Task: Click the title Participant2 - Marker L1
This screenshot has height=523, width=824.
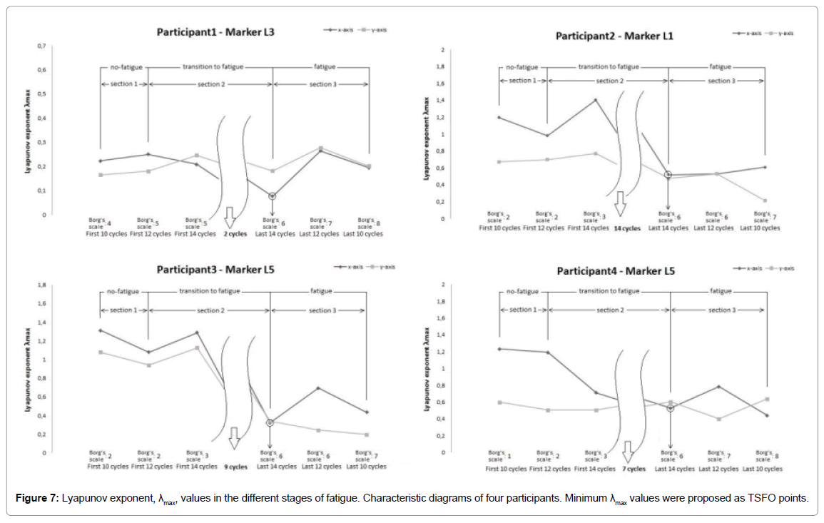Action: click(614, 36)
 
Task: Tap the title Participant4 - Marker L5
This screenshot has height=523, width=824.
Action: click(615, 271)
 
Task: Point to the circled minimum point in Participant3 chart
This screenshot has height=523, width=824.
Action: click(270, 422)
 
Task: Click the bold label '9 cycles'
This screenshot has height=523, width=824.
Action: click(236, 467)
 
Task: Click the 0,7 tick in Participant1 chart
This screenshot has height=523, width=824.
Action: click(42, 46)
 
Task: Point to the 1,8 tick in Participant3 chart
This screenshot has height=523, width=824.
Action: click(41, 285)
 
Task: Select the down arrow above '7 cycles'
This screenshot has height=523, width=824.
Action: click(628, 450)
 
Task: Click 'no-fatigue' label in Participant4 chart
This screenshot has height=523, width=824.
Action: click(522, 292)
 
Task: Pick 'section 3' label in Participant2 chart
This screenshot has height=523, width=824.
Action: click(721, 81)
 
